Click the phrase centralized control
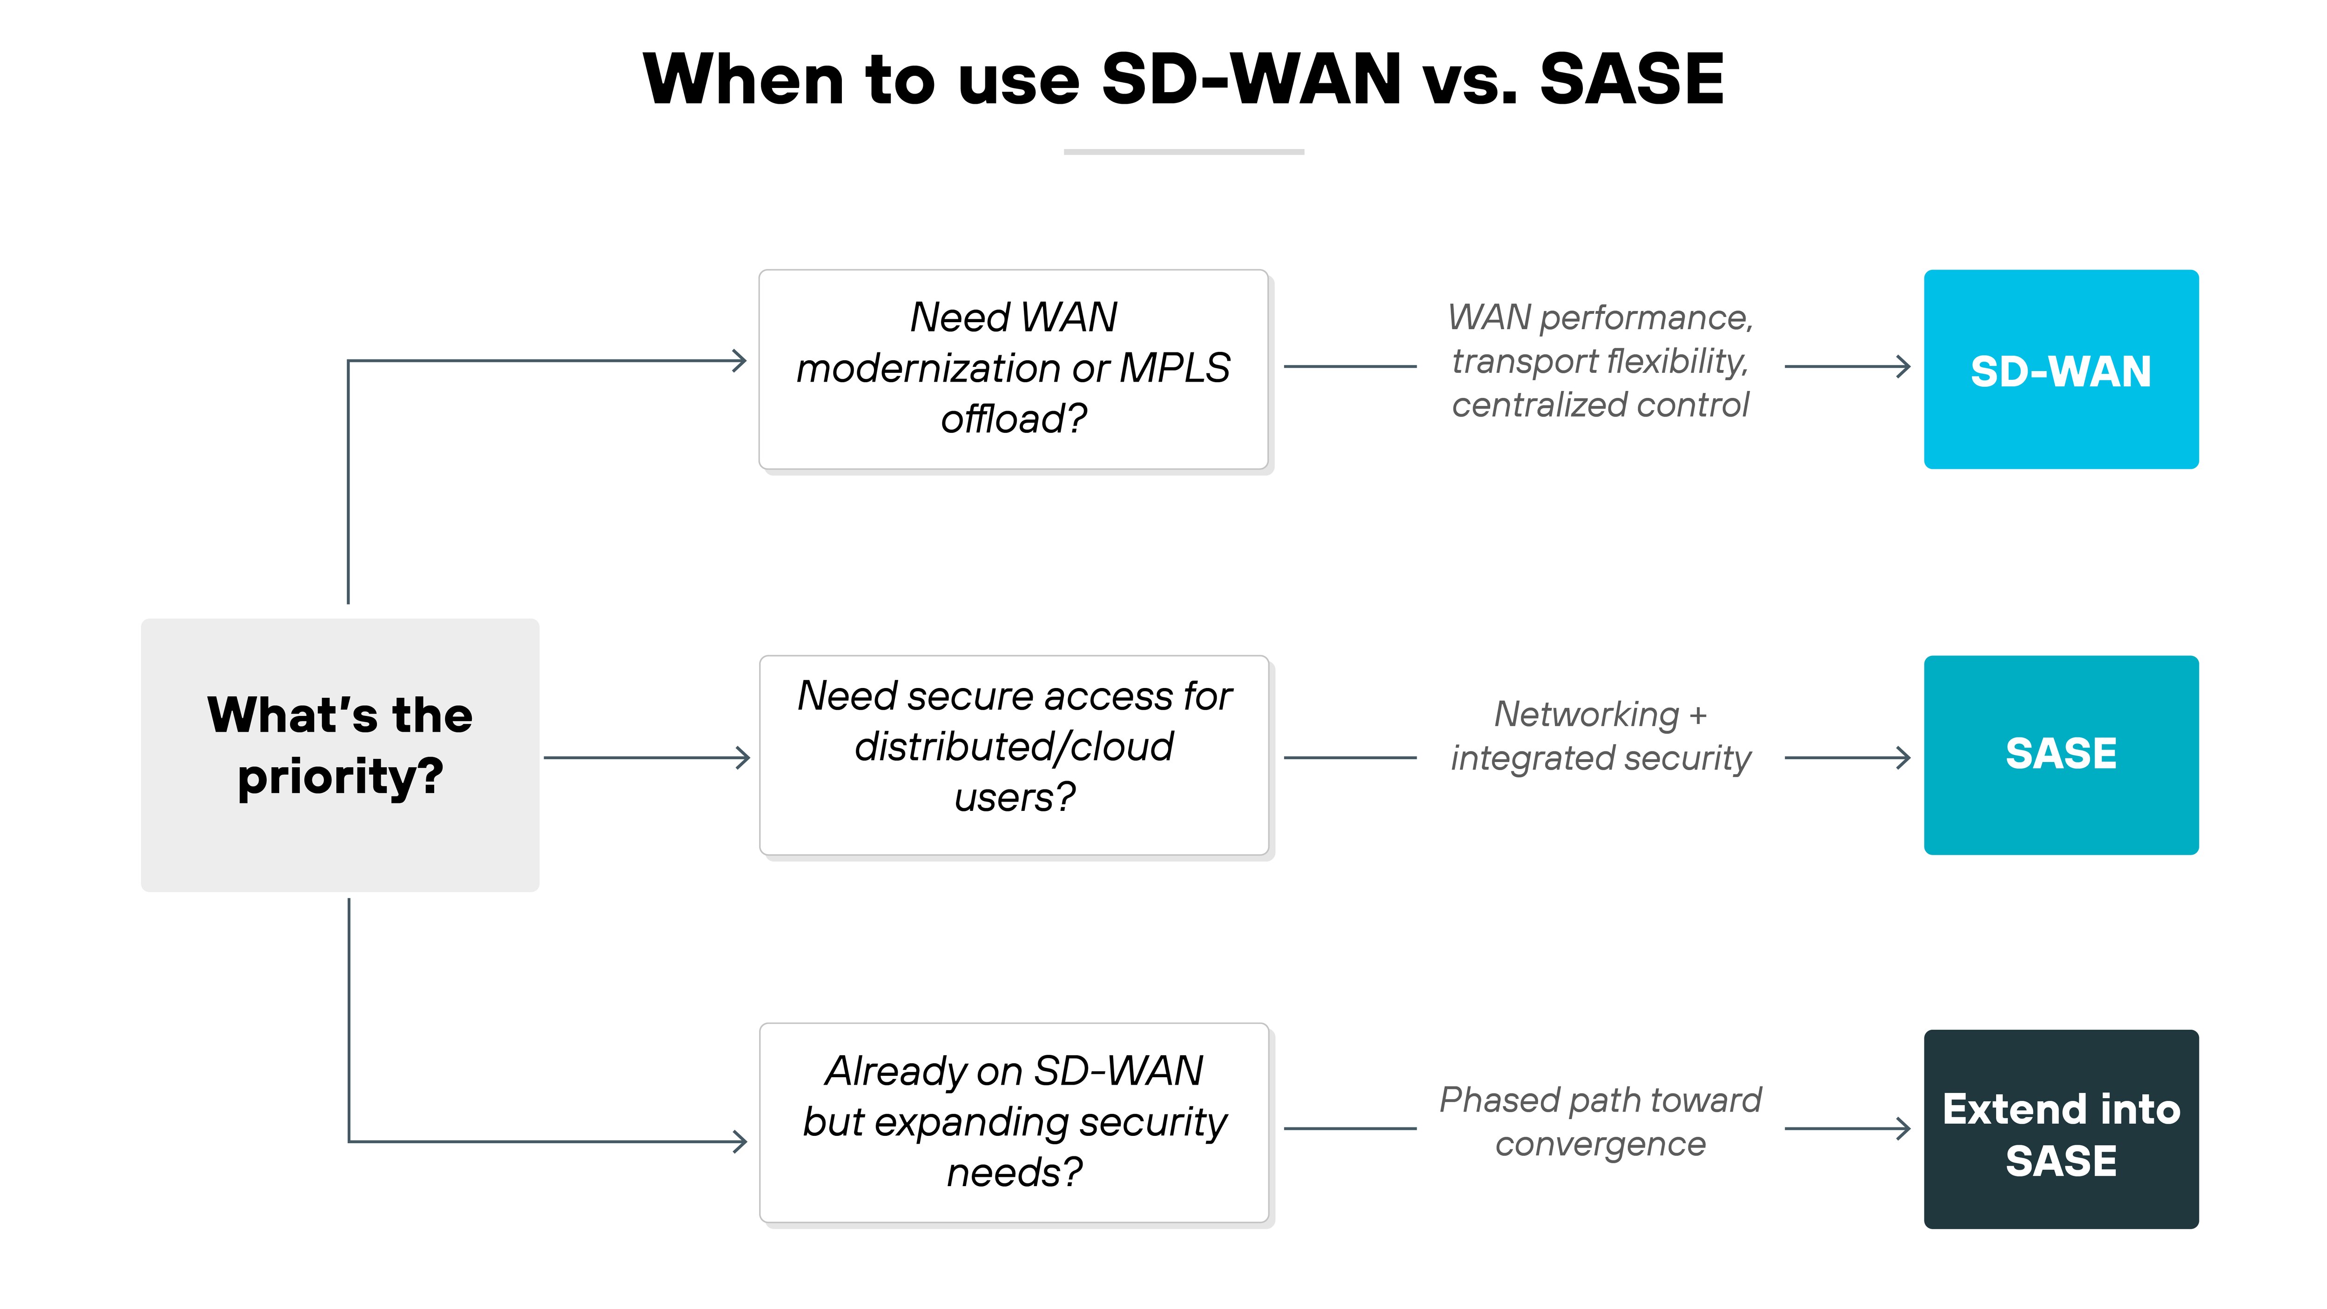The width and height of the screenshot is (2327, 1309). click(1600, 405)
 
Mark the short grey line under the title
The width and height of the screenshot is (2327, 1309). click(1184, 152)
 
